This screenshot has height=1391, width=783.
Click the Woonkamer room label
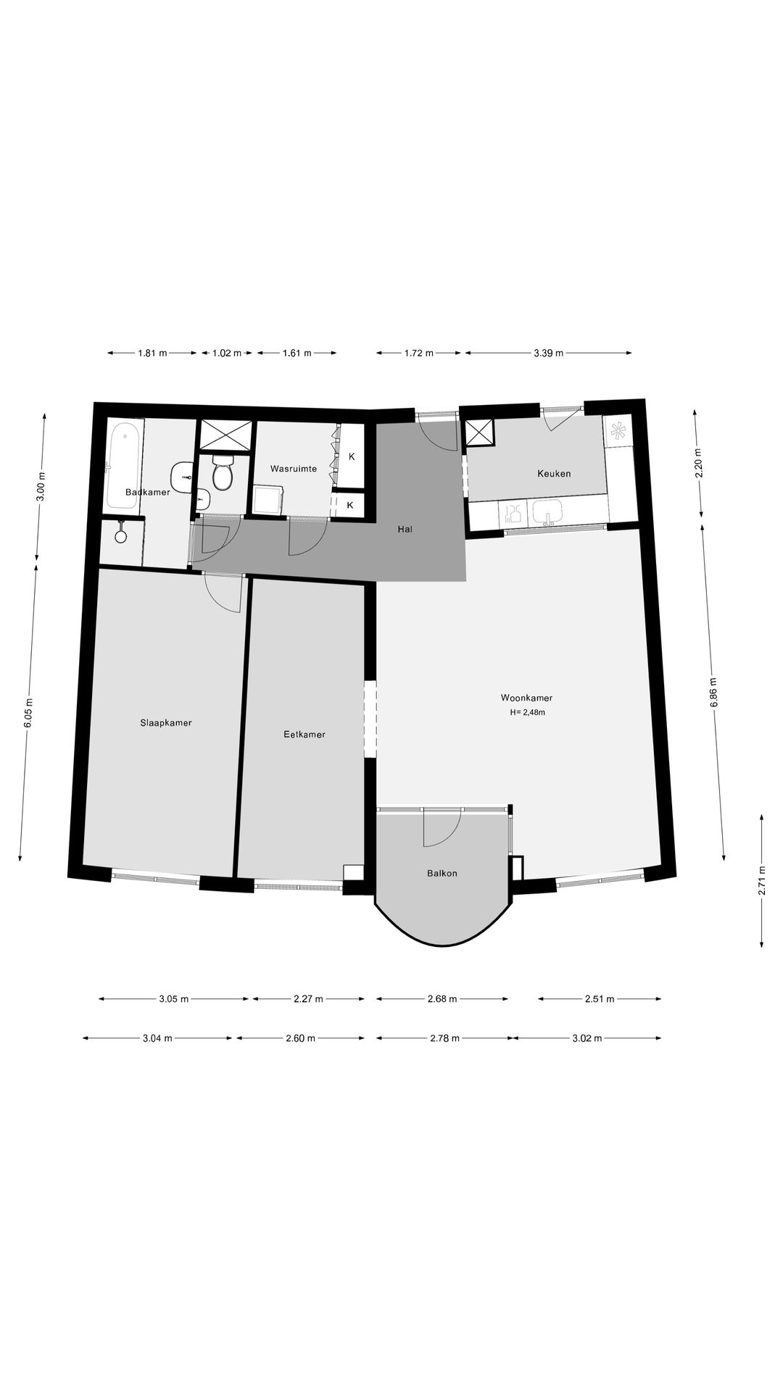pos(526,698)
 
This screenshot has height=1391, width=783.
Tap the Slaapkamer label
pos(166,722)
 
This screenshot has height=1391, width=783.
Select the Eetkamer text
pos(304,735)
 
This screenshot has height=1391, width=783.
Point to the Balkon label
pos(442,873)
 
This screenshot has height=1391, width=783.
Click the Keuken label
pos(554,474)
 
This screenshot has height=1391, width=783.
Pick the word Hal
pos(405,530)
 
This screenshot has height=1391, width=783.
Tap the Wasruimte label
pos(294,469)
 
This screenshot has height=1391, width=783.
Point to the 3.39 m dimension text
pos(548,354)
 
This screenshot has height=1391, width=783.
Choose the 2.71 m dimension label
pos(762,881)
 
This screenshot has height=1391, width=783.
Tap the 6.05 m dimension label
pos(29,714)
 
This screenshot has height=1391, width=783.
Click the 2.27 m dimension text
pos(307,999)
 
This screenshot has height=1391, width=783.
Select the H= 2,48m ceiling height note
pos(527,712)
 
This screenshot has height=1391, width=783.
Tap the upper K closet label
pos(352,457)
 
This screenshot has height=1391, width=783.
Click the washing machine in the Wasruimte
pos(268,501)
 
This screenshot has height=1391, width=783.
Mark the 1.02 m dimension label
pos(226,354)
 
